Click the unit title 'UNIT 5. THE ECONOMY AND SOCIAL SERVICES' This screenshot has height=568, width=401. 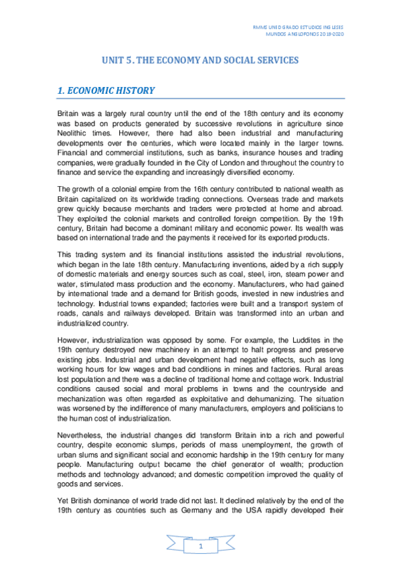200,60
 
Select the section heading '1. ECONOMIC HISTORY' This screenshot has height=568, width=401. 106,90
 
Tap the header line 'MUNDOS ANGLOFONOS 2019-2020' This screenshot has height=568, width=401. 310,33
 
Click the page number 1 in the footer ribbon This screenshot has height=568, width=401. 200,548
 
